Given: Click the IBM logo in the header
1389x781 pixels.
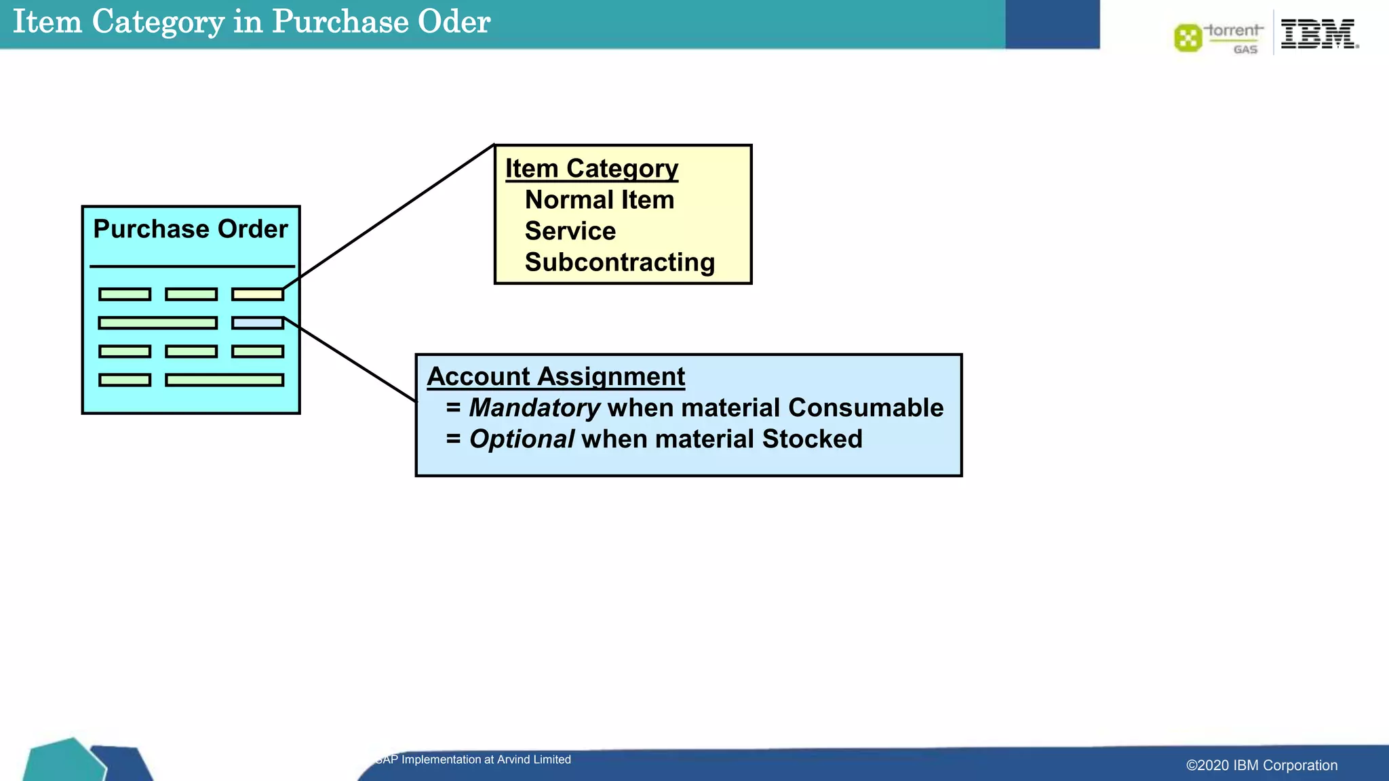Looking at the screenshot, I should click(1318, 33).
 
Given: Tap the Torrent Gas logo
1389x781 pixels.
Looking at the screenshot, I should click(1219, 37).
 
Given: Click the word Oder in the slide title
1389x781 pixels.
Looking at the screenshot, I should click(454, 22).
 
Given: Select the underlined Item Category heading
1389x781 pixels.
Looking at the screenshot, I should click(591, 168).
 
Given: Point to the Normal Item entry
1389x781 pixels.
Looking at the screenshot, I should click(600, 200).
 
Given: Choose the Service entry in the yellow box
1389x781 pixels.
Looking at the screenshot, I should click(570, 231).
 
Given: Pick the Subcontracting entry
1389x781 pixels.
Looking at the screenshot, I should click(620, 262).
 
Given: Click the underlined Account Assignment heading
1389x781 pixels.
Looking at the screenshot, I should click(556, 376).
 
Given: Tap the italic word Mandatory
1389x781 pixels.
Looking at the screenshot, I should click(534, 407).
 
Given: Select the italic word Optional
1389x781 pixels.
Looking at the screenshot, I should click(522, 439).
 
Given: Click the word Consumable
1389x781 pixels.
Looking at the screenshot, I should click(866, 407).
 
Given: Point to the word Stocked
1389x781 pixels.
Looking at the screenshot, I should click(812, 439).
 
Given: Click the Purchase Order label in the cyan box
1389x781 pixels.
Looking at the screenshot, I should click(191, 229).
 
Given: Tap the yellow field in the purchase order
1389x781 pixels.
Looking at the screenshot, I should click(258, 294).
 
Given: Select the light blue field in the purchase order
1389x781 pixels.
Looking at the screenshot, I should click(258, 323).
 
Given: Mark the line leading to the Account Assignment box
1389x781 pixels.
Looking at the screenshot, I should click(350, 359).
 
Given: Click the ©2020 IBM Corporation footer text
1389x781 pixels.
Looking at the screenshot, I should click(1261, 765).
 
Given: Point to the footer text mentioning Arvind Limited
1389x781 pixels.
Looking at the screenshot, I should click(473, 759).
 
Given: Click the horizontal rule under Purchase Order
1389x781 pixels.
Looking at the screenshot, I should click(192, 266).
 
